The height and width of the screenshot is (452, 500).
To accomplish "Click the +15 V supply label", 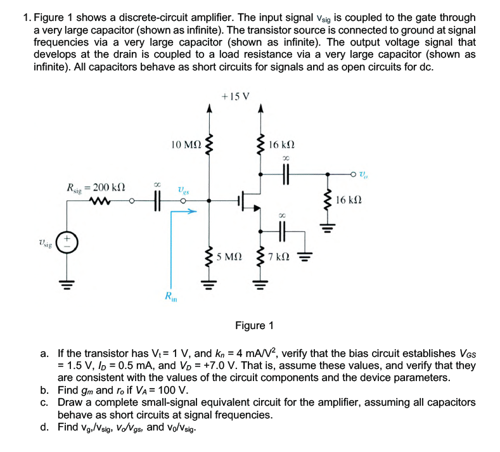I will (236, 96).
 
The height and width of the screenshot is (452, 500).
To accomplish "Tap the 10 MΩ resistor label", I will (186, 145).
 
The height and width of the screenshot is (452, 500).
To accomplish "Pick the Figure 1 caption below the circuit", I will (254, 325).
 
